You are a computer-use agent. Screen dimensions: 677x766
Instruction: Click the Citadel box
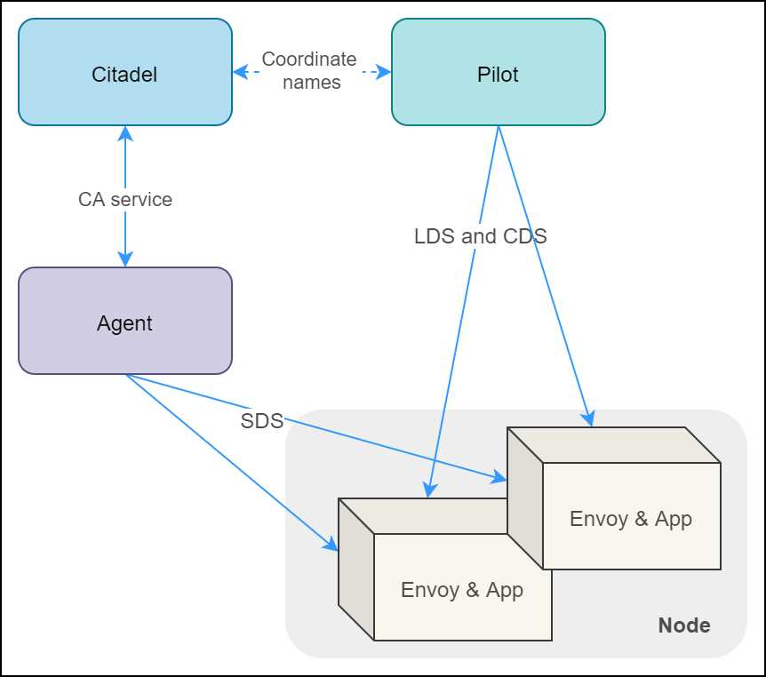124,73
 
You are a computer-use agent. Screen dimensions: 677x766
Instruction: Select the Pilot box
498,73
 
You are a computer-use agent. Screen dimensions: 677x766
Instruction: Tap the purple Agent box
124,322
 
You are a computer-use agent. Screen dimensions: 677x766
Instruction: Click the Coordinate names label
309,71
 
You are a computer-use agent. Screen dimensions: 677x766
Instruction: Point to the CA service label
124,199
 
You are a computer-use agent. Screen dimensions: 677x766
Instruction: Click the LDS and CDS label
480,236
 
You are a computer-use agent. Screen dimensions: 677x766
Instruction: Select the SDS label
261,421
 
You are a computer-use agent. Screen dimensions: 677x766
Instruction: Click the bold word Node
683,625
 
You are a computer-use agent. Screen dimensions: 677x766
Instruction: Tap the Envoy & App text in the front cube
461,590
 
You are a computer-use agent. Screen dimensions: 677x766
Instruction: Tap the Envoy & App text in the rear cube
630,519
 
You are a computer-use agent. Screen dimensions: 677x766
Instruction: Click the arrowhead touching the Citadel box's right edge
239,71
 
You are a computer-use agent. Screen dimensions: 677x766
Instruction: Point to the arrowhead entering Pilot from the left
385,71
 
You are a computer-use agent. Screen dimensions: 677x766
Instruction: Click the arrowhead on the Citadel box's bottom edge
125,132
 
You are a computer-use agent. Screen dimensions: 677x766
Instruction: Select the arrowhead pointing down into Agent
125,259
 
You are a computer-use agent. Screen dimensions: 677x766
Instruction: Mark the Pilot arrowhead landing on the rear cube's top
588,419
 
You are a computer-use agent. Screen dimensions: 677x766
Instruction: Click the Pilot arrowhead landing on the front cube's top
428,490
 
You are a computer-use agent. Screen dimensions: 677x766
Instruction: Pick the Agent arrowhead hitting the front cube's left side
331,546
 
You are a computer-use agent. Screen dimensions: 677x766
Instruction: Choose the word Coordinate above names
309,60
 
